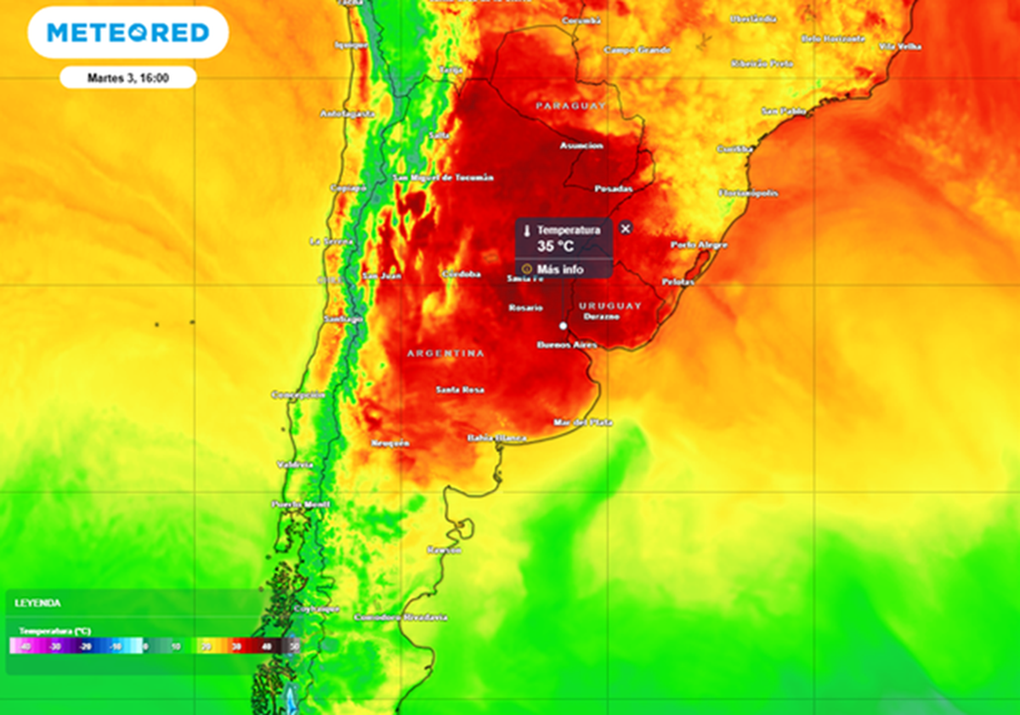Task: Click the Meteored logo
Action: coord(127,33)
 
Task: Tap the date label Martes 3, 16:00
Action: coord(127,77)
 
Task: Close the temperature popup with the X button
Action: coord(626,229)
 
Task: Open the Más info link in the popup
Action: coord(561,270)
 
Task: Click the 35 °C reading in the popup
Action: coord(555,247)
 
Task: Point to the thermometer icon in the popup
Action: coord(527,230)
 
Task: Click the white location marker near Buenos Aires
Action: coord(563,326)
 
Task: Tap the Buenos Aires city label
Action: coord(567,345)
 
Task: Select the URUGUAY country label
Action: coord(609,305)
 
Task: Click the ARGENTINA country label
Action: coord(445,353)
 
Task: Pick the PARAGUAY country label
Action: coord(570,105)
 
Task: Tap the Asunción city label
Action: coord(581,145)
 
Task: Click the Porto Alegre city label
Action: coord(699,245)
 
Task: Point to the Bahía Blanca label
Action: coord(496,438)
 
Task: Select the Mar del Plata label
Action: coord(582,423)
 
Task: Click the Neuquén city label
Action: coord(390,443)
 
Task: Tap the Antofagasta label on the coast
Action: coord(347,113)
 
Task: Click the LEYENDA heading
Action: coord(37,603)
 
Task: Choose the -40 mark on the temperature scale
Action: coord(26,647)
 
